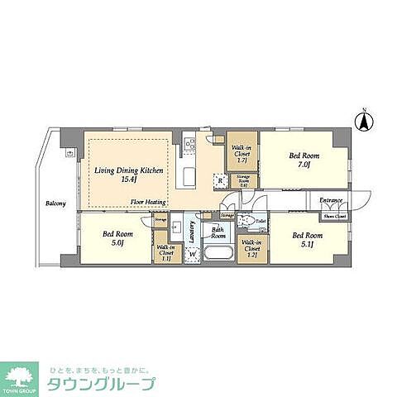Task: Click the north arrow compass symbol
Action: coord(361,122)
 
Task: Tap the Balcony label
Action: coord(56,202)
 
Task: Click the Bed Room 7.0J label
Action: coord(299,159)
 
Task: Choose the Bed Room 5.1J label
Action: coord(308,239)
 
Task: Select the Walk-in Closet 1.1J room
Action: coord(165,251)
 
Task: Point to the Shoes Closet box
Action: coord(334,216)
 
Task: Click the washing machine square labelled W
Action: coord(194,255)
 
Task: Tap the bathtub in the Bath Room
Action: coord(219,255)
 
